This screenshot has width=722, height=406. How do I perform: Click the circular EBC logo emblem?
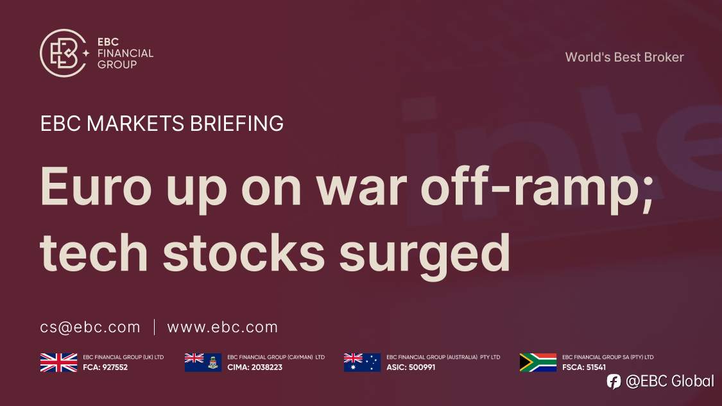63,53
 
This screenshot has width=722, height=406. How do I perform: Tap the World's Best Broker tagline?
624,57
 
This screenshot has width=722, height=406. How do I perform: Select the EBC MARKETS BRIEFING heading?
162,123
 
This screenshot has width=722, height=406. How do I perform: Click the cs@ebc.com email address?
90,327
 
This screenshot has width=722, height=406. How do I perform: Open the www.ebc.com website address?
222,327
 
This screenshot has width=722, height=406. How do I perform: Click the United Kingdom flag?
58,362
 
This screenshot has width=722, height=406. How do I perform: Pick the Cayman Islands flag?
203,362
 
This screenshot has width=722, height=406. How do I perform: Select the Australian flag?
362,362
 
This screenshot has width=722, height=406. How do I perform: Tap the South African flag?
538,362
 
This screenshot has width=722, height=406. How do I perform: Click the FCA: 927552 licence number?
105,368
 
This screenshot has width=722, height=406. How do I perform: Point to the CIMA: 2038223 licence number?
255,368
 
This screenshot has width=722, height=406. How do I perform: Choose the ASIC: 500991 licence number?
411,368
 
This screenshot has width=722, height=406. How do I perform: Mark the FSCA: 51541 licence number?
584,368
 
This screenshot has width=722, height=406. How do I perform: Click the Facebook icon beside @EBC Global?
614,382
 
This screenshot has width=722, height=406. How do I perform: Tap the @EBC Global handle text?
669,382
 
